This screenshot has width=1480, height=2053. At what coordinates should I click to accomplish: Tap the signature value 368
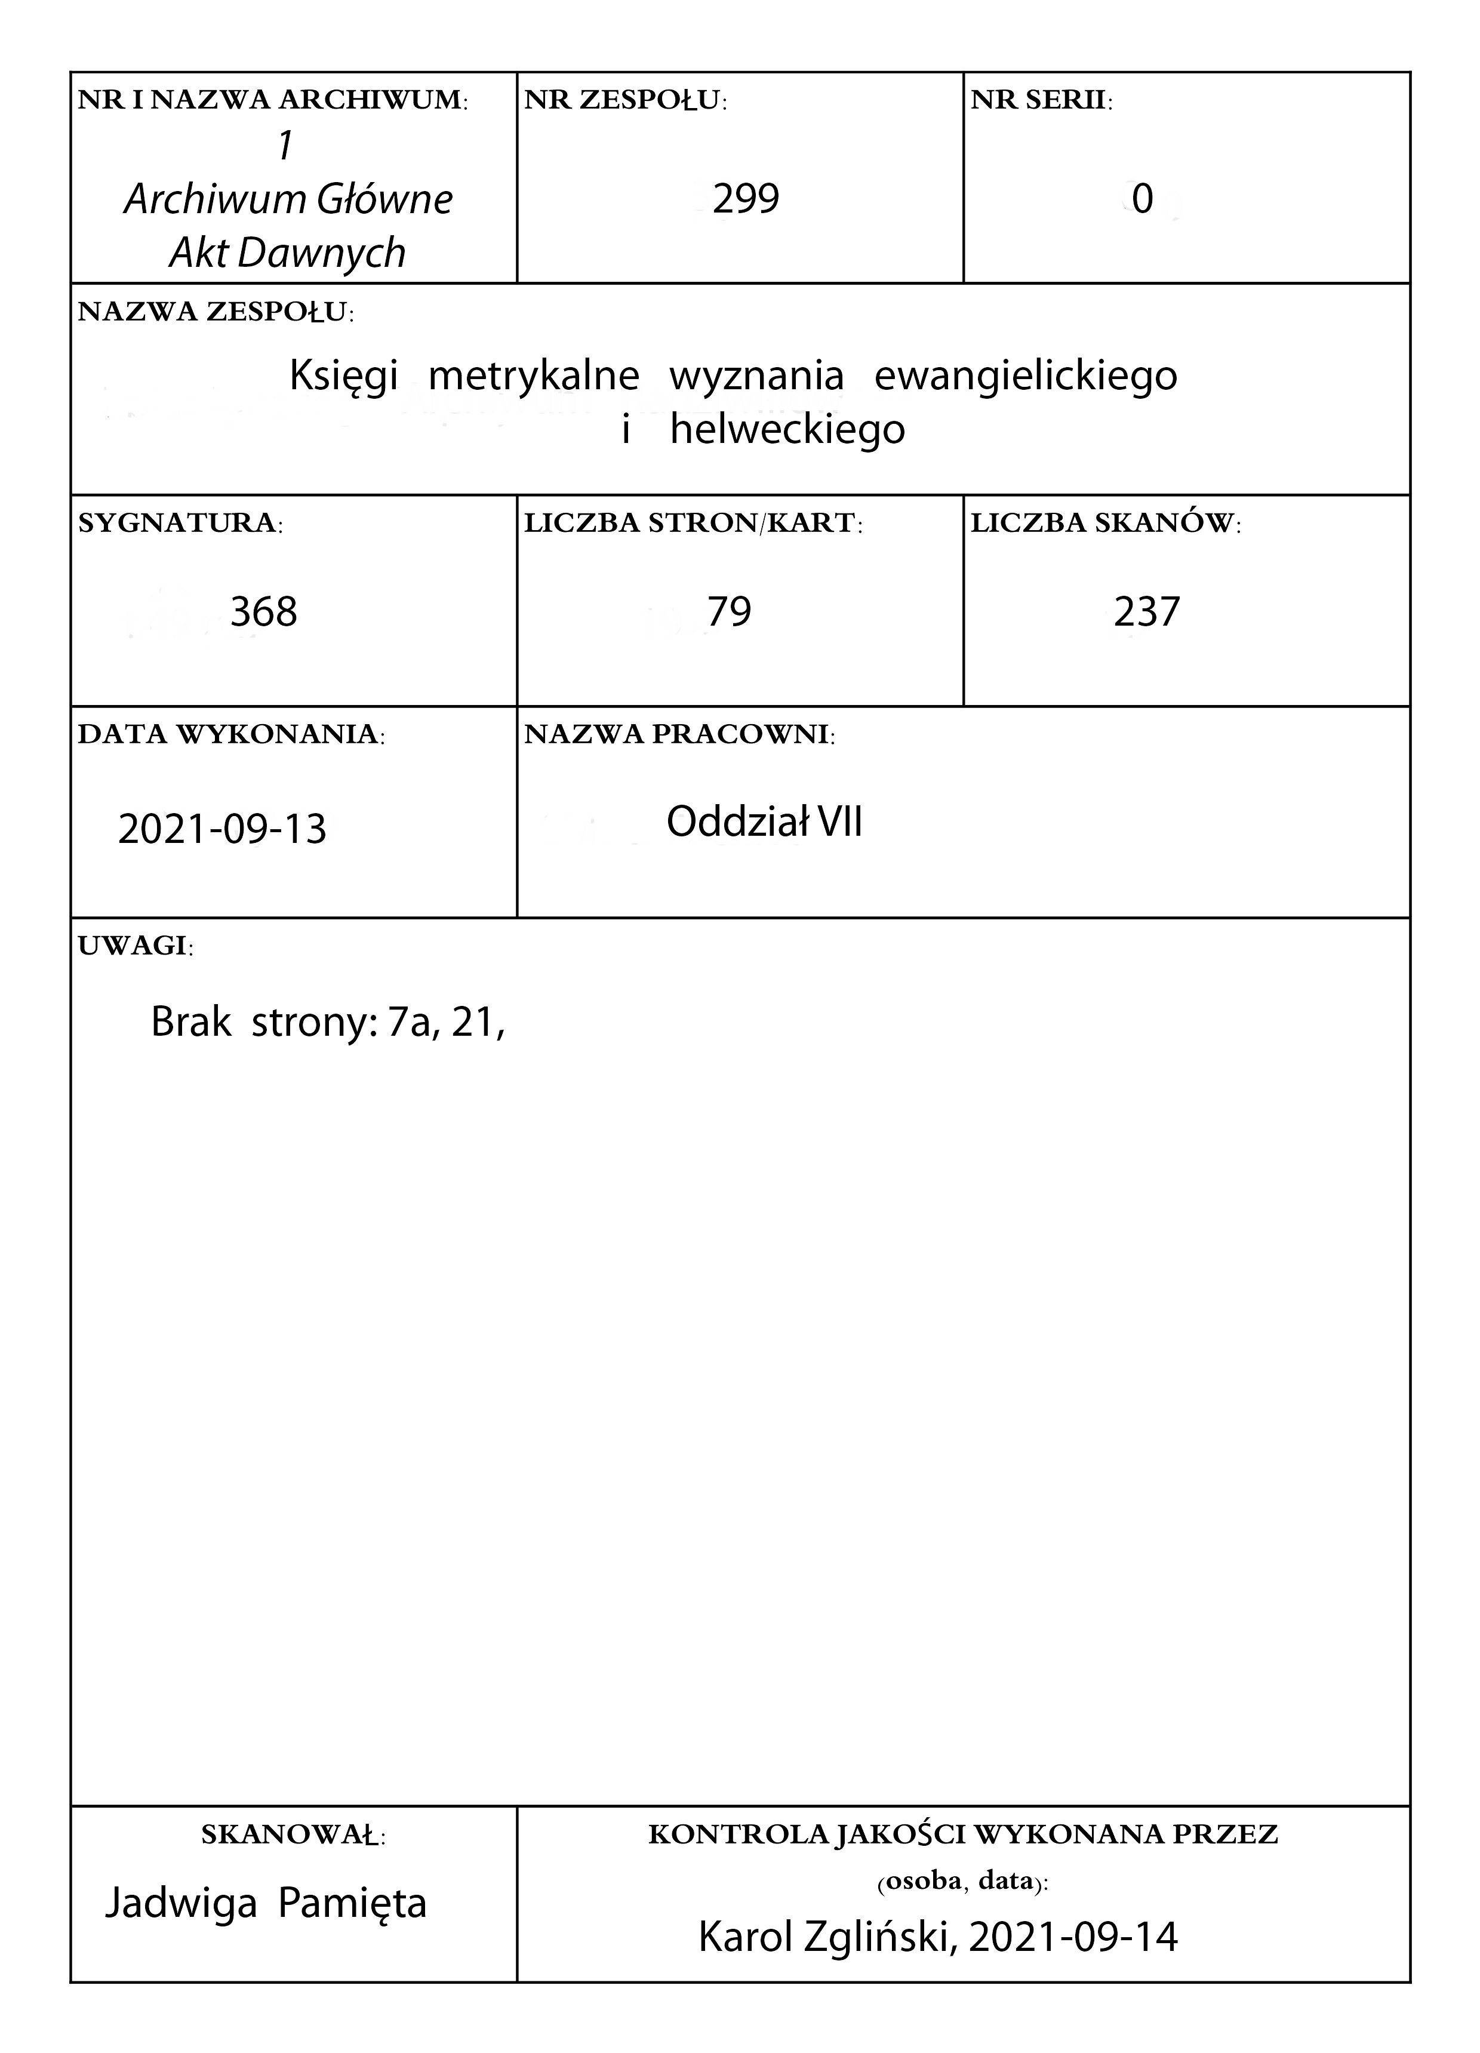click(263, 612)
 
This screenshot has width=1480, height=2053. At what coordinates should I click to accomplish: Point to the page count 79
click(729, 612)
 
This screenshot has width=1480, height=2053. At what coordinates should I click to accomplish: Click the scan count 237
click(1146, 612)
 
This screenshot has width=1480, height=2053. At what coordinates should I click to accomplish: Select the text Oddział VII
click(764, 822)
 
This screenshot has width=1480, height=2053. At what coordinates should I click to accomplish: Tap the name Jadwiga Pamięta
click(265, 1902)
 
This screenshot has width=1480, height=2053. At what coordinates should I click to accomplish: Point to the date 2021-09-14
click(1073, 1936)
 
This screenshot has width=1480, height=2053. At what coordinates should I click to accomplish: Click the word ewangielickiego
click(1026, 375)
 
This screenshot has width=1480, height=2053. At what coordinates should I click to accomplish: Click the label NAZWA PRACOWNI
click(679, 734)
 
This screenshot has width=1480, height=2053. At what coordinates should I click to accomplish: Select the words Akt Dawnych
click(287, 253)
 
